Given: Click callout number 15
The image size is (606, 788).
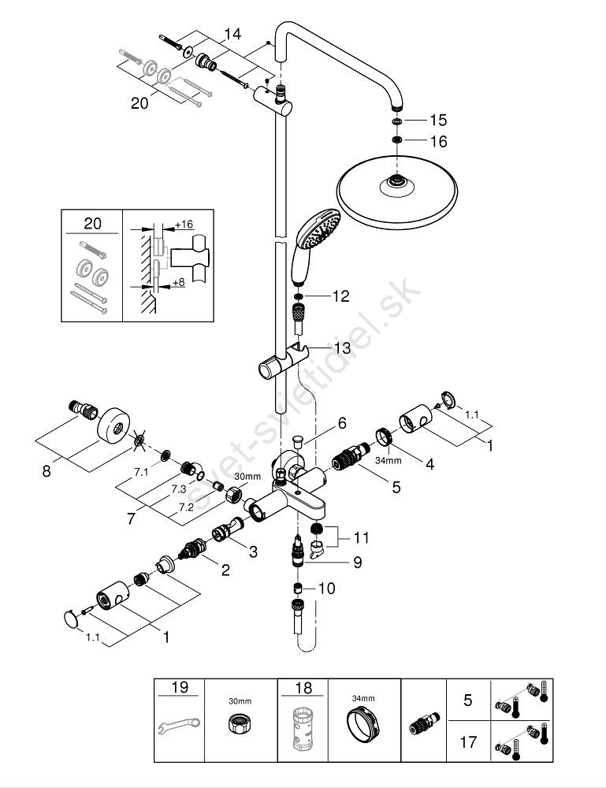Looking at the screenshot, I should [438, 121].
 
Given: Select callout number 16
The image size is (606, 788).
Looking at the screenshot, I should [438, 142].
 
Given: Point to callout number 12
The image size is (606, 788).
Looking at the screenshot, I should [340, 296].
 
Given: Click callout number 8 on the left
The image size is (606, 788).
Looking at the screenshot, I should [47, 473].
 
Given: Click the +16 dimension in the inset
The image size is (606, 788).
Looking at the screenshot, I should [184, 225].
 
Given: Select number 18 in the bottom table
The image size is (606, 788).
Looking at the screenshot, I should [303, 687].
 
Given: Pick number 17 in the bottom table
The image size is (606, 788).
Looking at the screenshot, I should [467, 742].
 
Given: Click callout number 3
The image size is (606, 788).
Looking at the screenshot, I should [252, 552].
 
